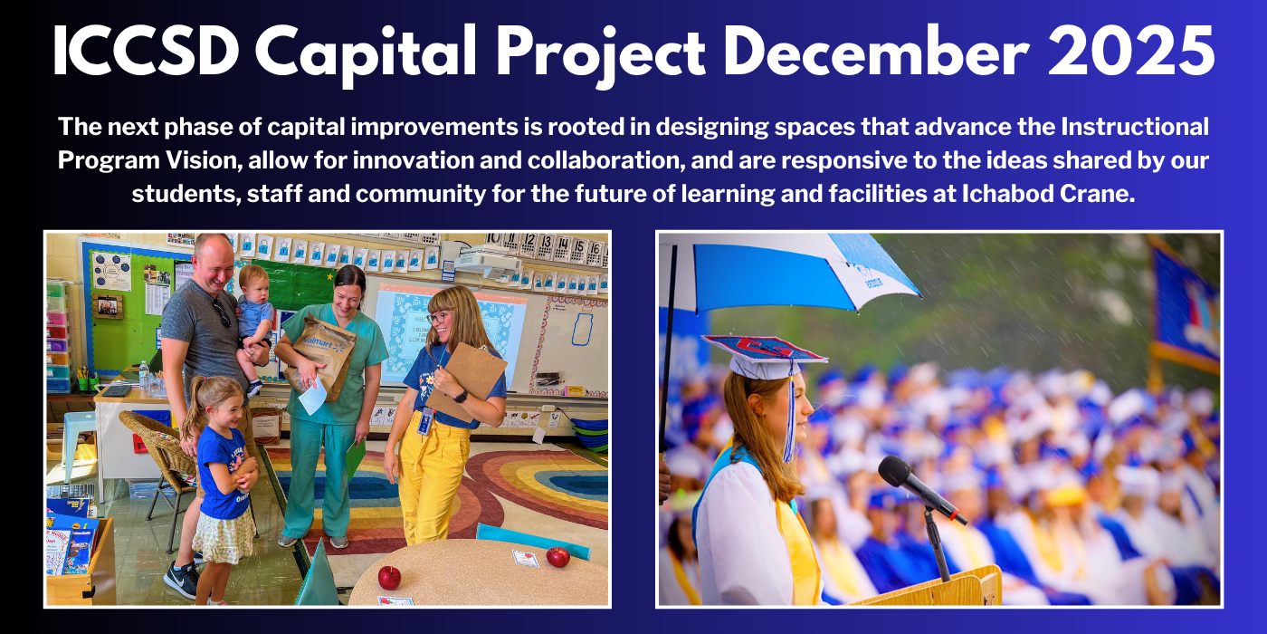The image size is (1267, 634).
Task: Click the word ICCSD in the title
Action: pyautogui.click(x=146, y=53)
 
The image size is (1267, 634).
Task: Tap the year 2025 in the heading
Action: pyautogui.click(x=1131, y=53)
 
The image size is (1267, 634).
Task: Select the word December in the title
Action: pyautogui.click(x=876, y=53)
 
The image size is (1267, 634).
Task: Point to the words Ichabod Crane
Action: pyautogui.click(x=1049, y=194)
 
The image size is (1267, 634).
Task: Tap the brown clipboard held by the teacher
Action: pyautogui.click(x=466, y=380)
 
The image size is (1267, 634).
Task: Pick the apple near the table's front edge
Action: pyautogui.click(x=389, y=578)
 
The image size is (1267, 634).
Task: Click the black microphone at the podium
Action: pyautogui.click(x=919, y=487)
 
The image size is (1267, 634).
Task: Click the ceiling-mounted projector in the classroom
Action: pyautogui.click(x=487, y=261)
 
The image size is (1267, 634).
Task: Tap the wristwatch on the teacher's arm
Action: pyautogui.click(x=461, y=397)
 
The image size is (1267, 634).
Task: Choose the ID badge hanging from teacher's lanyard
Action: pyautogui.click(x=424, y=422)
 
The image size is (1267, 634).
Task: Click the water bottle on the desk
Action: pyautogui.click(x=144, y=376)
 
